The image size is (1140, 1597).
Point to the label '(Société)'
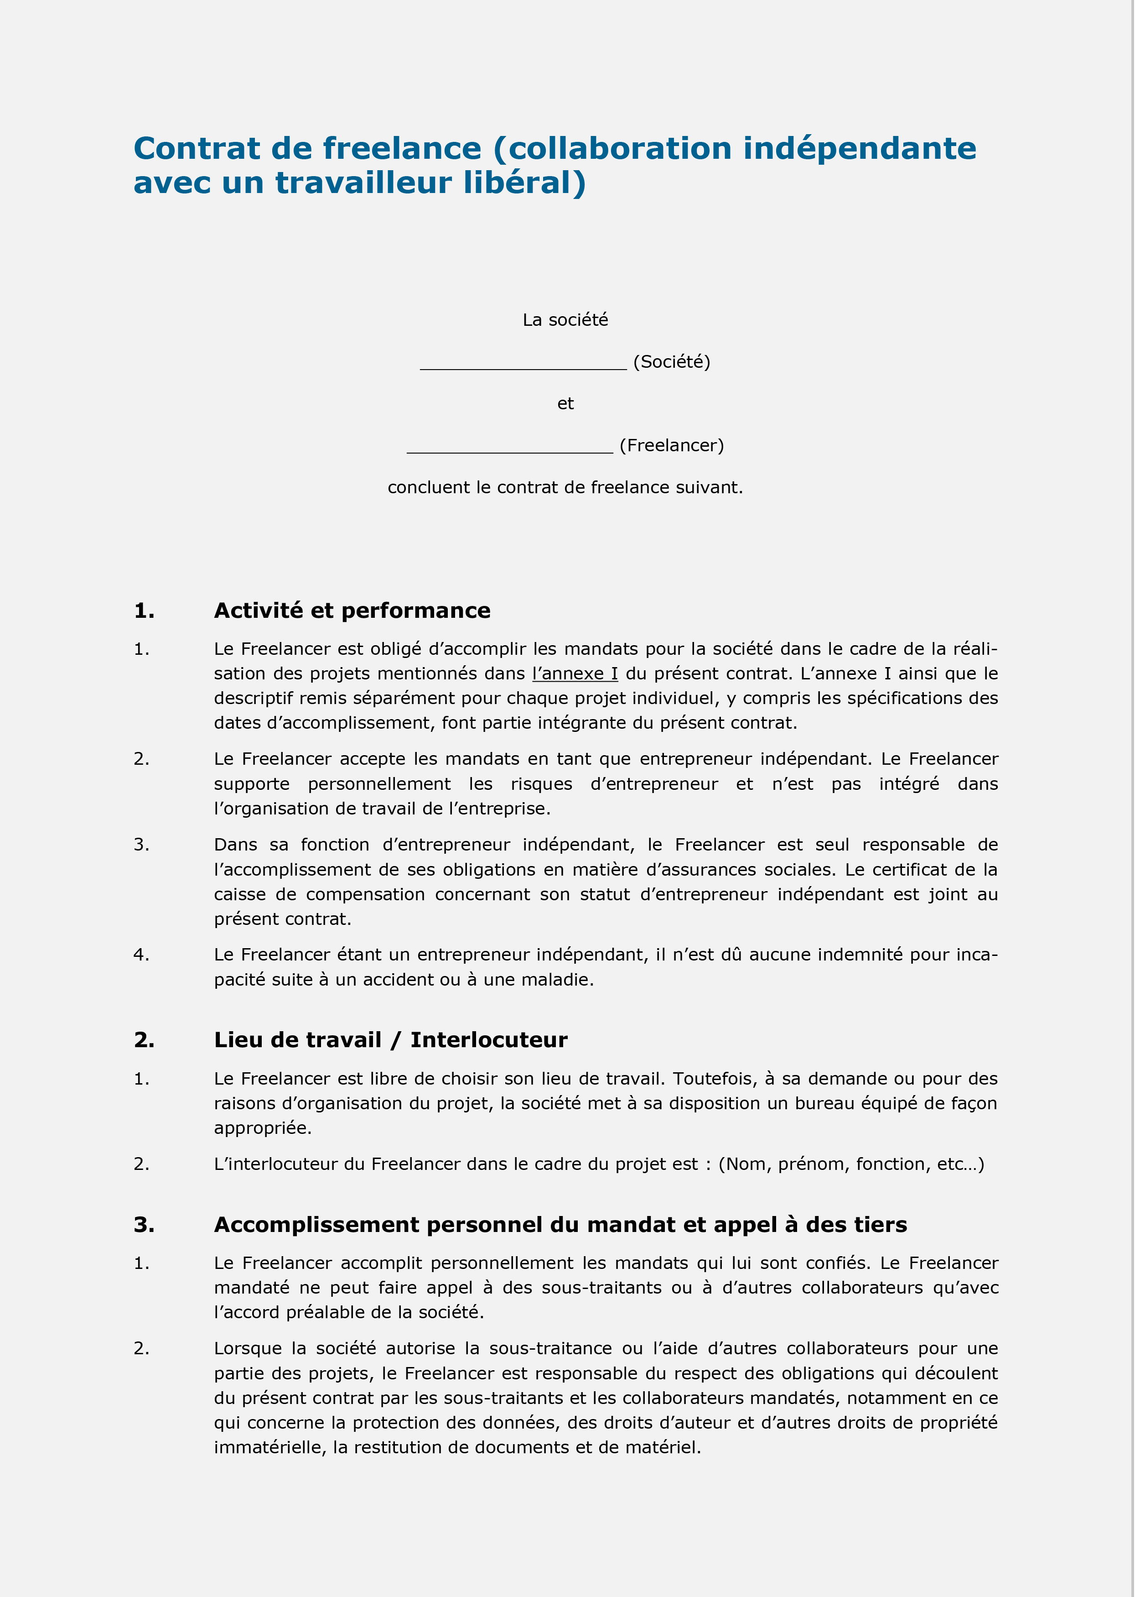click(672, 362)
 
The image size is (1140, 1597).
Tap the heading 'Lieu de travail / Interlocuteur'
click(390, 1040)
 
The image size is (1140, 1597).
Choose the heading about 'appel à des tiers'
click(560, 1225)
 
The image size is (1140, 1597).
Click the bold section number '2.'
click(144, 1040)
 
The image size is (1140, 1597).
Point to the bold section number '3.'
click(144, 1225)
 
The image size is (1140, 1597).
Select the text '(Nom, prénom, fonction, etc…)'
click(851, 1164)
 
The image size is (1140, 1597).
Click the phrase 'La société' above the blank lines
click(565, 320)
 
